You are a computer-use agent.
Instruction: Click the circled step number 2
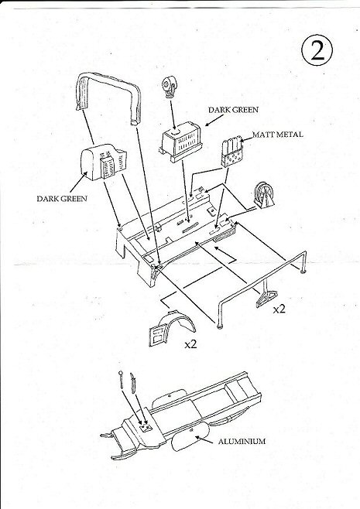click(x=317, y=50)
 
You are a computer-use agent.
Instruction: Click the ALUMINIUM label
click(x=242, y=442)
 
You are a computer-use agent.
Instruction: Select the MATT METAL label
click(x=278, y=135)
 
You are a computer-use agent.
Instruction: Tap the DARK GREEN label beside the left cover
click(x=62, y=199)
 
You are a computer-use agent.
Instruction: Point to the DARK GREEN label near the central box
click(x=234, y=110)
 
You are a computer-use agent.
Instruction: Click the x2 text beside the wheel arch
click(x=190, y=344)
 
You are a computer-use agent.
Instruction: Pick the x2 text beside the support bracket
click(x=279, y=309)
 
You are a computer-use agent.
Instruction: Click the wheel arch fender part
click(x=172, y=328)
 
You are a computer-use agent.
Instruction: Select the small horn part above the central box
click(x=170, y=87)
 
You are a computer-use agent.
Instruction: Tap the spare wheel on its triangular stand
click(x=263, y=196)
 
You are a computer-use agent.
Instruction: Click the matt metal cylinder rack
click(x=232, y=152)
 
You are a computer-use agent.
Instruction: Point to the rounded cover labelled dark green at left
click(x=101, y=162)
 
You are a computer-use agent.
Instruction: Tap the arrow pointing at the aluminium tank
click(x=204, y=439)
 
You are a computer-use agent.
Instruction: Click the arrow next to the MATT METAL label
click(x=247, y=139)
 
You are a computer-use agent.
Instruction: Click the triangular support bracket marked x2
click(x=266, y=295)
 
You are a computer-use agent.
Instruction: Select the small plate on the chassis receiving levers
click(x=146, y=427)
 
